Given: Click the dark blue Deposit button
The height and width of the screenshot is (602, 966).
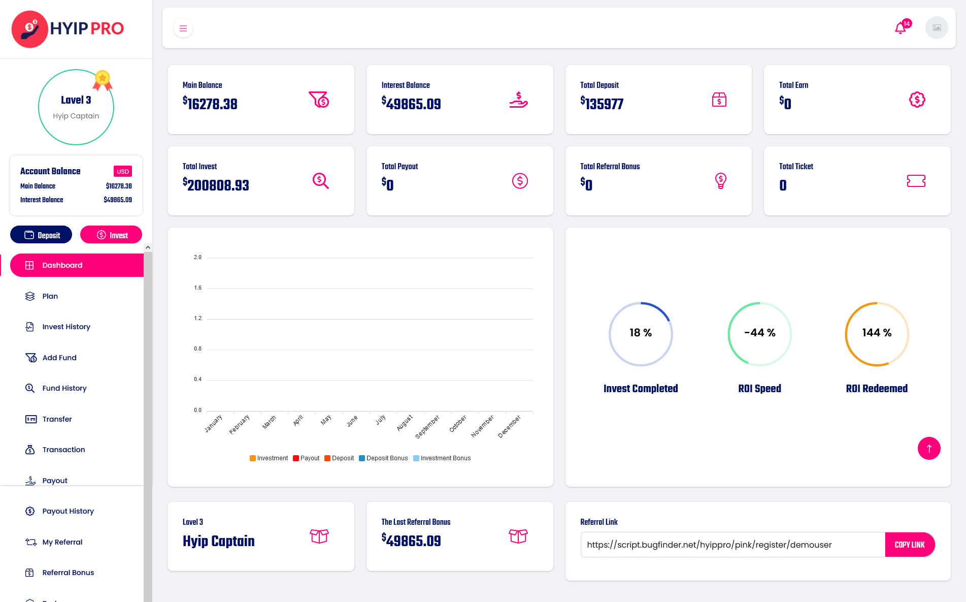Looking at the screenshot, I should (x=41, y=235).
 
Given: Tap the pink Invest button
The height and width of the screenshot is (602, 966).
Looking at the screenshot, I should (x=111, y=235).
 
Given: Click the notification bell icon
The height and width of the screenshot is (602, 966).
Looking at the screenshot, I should (x=901, y=28).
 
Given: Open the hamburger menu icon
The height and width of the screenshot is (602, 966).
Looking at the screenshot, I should (x=183, y=28).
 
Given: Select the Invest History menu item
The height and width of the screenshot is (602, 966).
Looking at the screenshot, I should (x=66, y=327).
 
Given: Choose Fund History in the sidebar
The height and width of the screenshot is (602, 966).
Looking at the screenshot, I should (x=64, y=388).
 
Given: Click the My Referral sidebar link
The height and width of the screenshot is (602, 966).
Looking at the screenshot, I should (x=62, y=542).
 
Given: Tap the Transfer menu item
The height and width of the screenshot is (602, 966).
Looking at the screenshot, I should (x=57, y=419).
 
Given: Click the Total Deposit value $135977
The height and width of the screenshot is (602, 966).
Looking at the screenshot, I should (x=602, y=104).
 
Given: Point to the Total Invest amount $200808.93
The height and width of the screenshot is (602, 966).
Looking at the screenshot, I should (x=216, y=185).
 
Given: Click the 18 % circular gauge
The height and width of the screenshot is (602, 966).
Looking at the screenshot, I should (x=641, y=334).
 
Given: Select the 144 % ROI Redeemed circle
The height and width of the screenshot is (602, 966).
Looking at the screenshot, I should (x=877, y=334).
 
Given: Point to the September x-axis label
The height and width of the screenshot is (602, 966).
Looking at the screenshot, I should (x=427, y=427).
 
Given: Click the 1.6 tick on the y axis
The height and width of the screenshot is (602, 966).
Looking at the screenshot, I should (x=197, y=288).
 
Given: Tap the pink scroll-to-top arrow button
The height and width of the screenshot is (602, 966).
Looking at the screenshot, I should (x=929, y=449).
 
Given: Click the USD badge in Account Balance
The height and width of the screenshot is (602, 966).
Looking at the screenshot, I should (x=123, y=171).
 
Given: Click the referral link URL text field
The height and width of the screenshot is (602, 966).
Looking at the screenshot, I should (x=732, y=545).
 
